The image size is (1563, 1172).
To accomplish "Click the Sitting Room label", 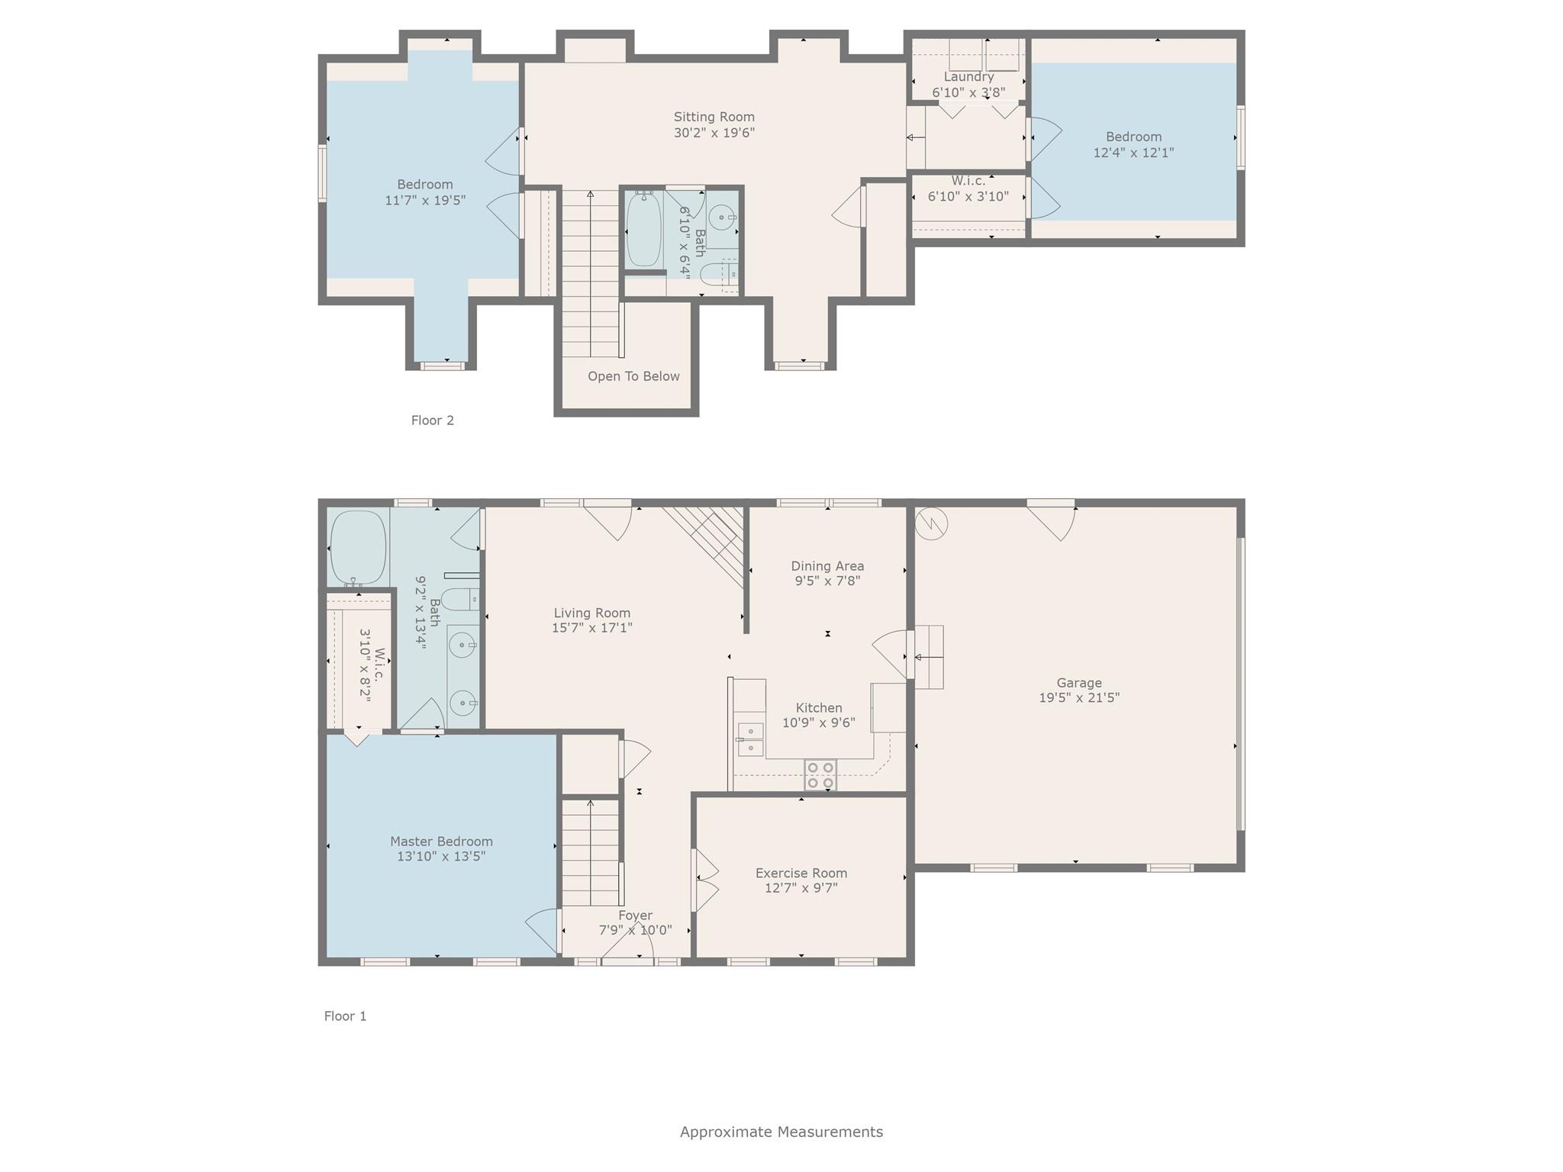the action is pyautogui.click(x=714, y=117).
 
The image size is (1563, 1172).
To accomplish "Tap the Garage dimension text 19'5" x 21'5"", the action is pyautogui.click(x=1078, y=697).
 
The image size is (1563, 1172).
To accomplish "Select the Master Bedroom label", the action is pyautogui.click(x=441, y=841).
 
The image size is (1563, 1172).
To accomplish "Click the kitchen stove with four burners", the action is pyautogui.click(x=820, y=774).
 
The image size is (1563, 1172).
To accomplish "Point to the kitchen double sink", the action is pyautogui.click(x=750, y=739).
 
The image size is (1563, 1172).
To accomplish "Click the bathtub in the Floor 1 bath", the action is pyautogui.click(x=358, y=547).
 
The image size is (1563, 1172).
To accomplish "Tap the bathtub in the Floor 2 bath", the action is pyautogui.click(x=644, y=229).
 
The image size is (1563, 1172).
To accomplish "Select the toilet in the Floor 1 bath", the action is pyautogui.click(x=460, y=600).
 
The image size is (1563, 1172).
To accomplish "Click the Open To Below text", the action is pyautogui.click(x=633, y=376).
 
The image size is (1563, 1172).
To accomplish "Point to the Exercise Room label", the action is pyautogui.click(x=801, y=873).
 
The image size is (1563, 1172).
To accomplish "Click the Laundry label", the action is pyautogui.click(x=968, y=77).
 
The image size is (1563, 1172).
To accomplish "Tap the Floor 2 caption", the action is pyautogui.click(x=433, y=420).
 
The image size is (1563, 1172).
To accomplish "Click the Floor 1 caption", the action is pyautogui.click(x=345, y=1016).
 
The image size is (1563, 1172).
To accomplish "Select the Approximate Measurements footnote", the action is pyautogui.click(x=781, y=1132).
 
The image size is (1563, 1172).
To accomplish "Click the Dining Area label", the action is pyautogui.click(x=827, y=566).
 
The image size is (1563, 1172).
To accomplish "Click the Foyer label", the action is pyautogui.click(x=635, y=916).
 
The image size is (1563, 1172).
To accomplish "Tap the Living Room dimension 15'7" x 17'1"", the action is pyautogui.click(x=592, y=628).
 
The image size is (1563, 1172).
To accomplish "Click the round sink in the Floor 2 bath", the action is pyautogui.click(x=721, y=217).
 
